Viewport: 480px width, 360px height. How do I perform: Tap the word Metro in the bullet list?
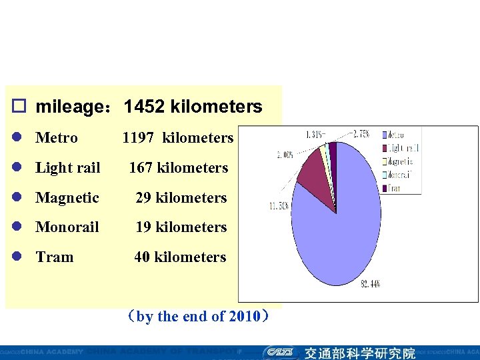(56, 138)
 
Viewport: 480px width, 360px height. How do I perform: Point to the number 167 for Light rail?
(141, 167)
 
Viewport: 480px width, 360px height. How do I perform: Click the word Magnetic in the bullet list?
(67, 197)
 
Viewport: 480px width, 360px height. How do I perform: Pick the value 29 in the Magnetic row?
(143, 197)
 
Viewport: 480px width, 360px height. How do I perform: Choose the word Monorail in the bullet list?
(67, 227)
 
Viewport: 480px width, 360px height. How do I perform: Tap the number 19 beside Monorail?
(143, 227)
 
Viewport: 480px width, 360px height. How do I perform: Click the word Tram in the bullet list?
(54, 257)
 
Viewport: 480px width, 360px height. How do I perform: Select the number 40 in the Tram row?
(142, 257)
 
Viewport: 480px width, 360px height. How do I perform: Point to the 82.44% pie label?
(370, 285)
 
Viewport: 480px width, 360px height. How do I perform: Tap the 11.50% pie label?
(279, 206)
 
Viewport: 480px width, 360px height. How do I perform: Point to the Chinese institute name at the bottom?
(359, 353)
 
